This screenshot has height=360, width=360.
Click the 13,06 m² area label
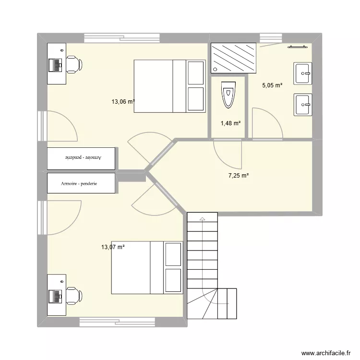coord(123,101)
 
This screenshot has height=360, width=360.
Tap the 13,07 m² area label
coord(113,247)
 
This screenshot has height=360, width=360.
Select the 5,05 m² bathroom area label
coord(272,86)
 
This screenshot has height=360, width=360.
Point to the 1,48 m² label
coord(230,123)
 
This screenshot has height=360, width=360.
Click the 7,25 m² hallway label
coord(238,176)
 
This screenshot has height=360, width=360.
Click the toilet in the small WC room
coord(228,95)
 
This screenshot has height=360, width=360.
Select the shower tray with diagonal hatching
coord(234,58)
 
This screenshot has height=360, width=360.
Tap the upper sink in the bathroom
coord(303,73)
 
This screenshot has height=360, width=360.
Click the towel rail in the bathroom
coord(297,47)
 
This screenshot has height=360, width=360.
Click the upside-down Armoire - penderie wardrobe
coord(81,158)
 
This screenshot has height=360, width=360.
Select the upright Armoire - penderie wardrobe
coord(81,183)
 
